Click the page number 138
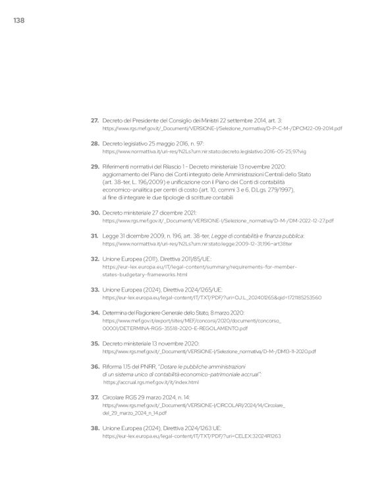18,21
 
